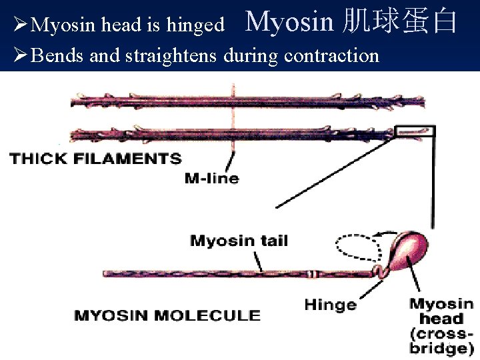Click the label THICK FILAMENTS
[x=95, y=159]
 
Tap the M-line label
[x=211, y=178]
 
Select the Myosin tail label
[x=239, y=241]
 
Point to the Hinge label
[x=330, y=305]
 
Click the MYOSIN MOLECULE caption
[x=167, y=315]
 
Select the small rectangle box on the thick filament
[x=414, y=132]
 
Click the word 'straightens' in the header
[x=176, y=55]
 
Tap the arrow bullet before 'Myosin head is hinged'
[x=20, y=25]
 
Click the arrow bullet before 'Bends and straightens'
[x=20, y=55]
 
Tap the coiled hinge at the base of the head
[x=379, y=271]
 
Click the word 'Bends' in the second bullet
[x=57, y=55]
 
